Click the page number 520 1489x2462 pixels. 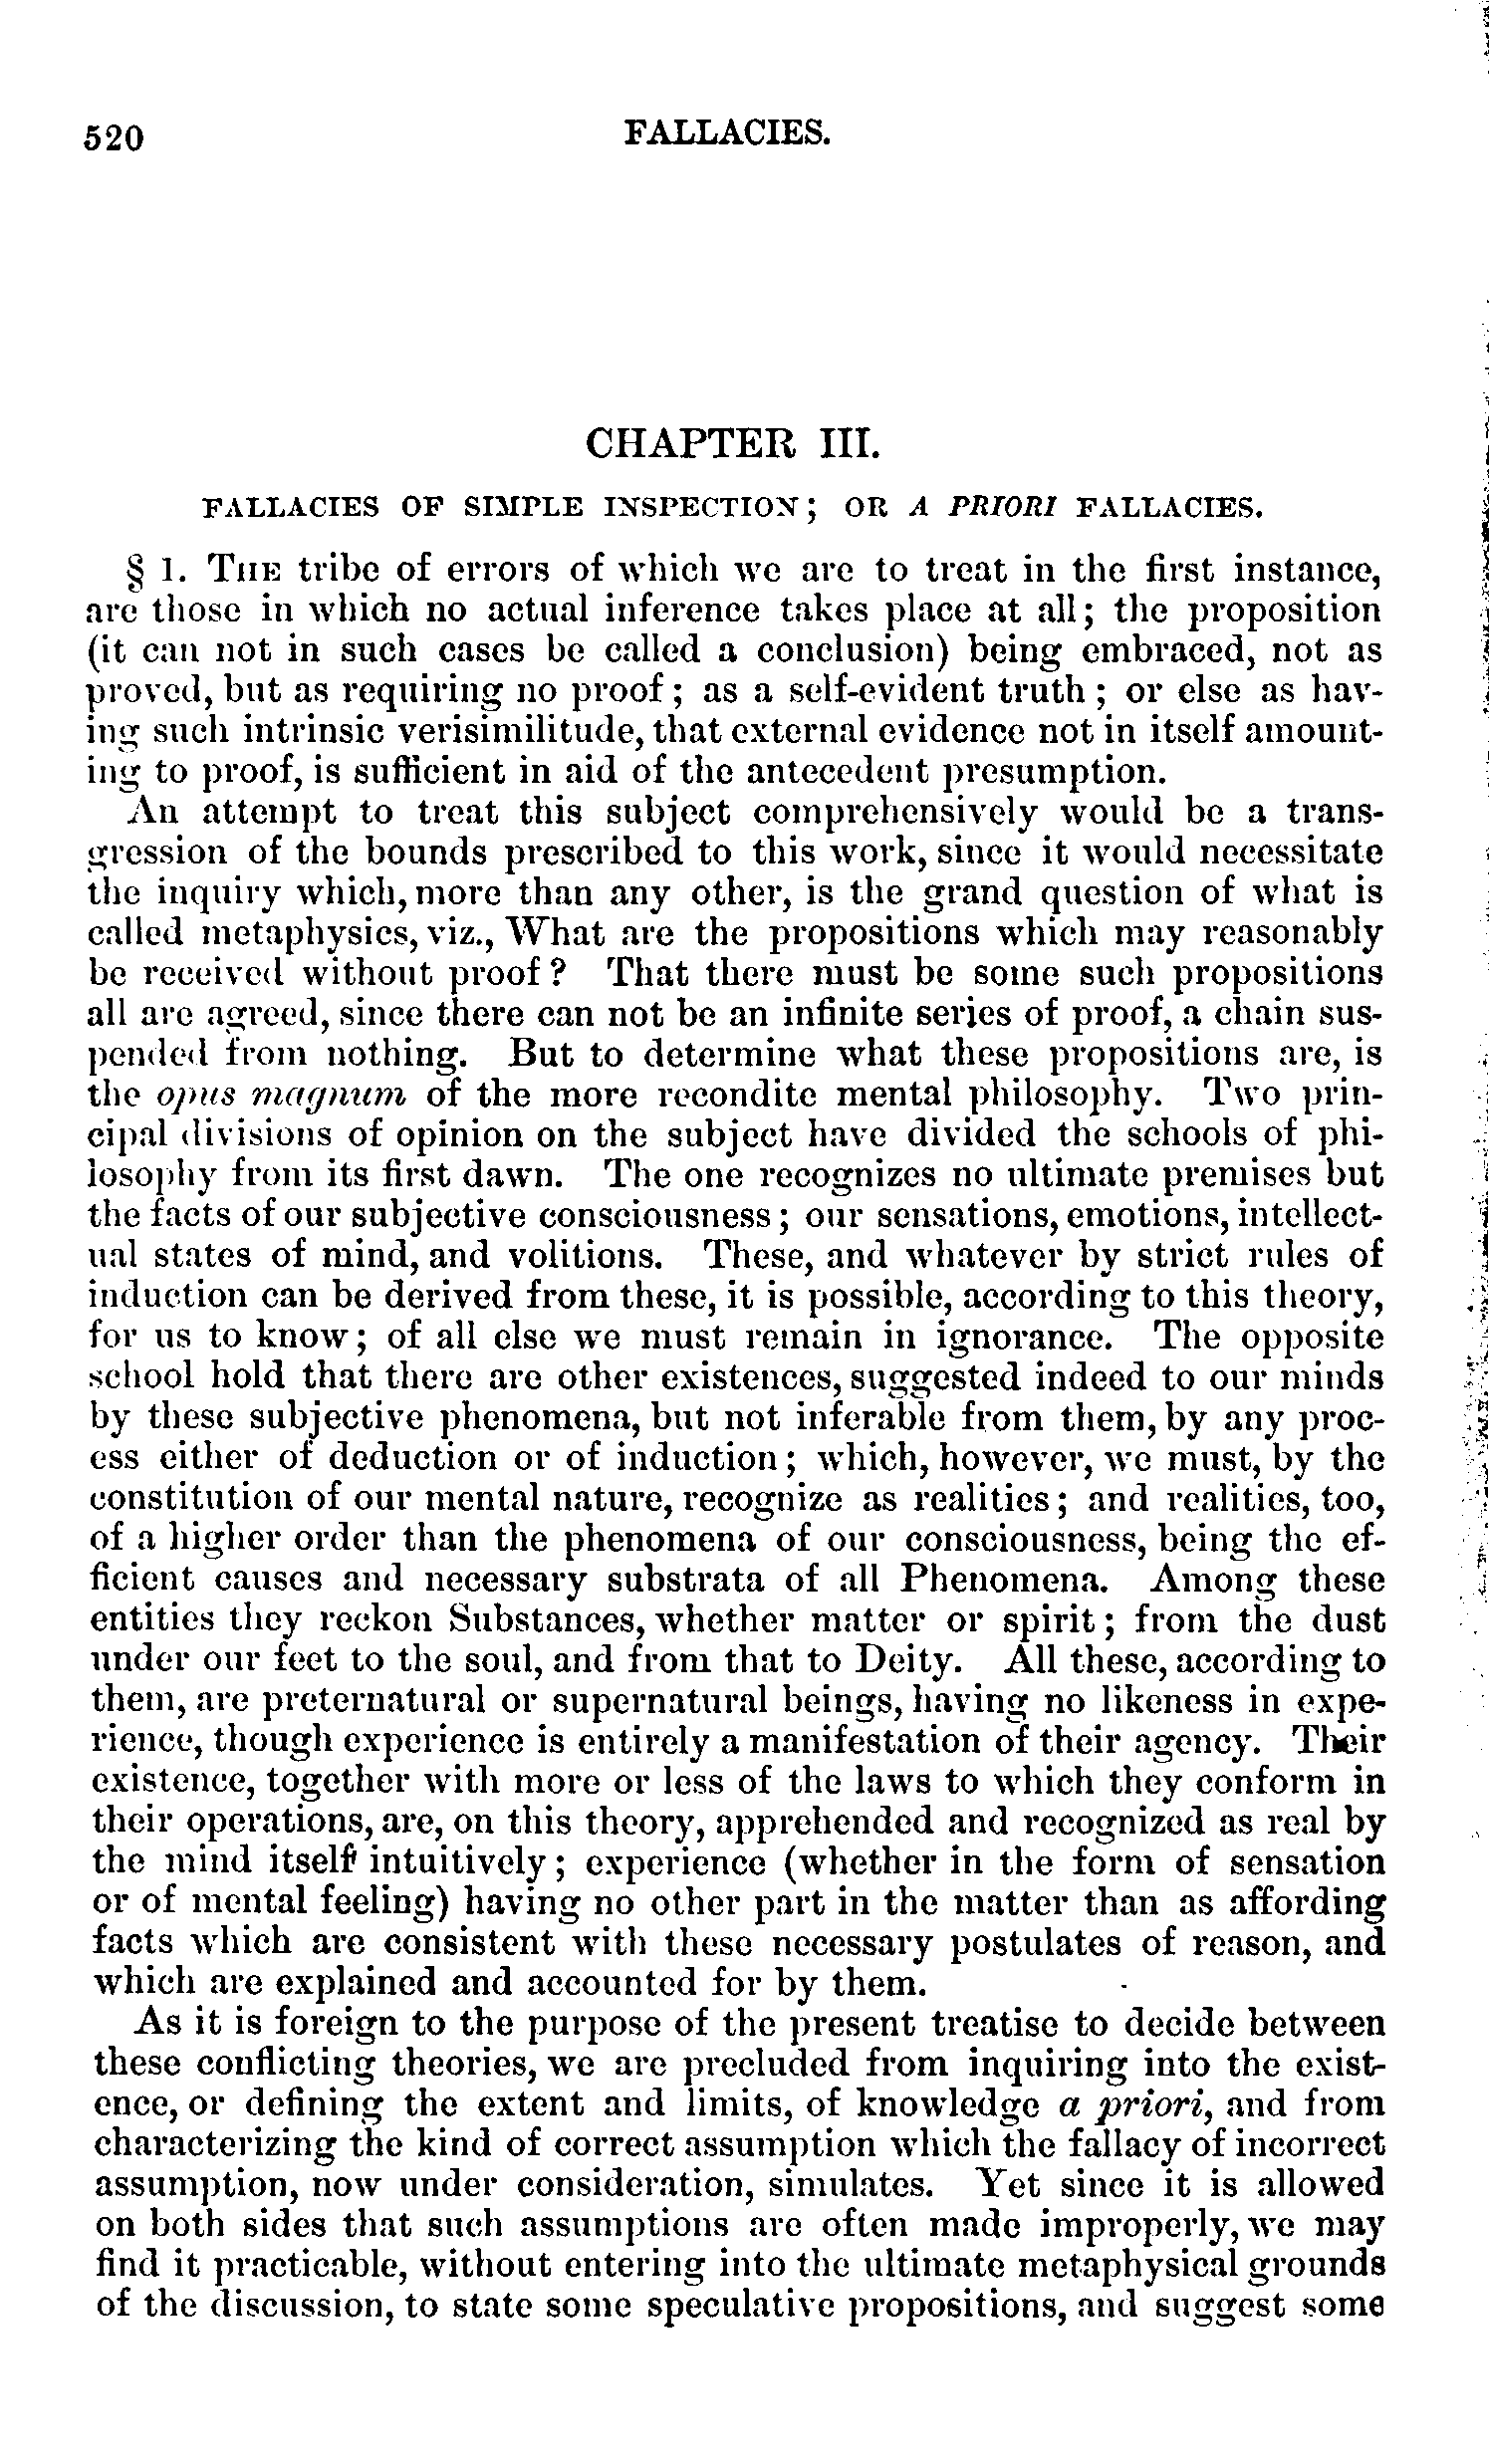116,136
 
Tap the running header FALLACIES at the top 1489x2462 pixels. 726,130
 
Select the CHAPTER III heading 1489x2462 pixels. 733,442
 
